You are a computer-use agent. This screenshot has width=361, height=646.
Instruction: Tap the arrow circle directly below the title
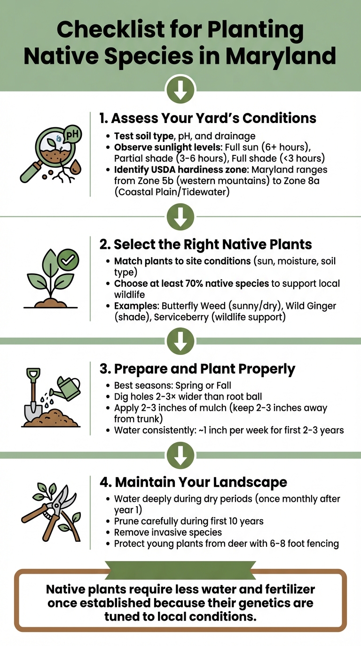tap(180, 90)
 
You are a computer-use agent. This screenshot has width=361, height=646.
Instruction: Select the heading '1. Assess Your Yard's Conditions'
tap(208, 117)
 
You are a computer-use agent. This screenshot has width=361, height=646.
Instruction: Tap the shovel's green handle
tap(33, 376)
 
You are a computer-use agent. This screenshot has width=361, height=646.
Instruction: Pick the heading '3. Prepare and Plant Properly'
tap(197, 369)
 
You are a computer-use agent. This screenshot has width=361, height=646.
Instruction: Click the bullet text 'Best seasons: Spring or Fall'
tap(173, 385)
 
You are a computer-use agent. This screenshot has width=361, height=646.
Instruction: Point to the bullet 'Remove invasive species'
tap(168, 532)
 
